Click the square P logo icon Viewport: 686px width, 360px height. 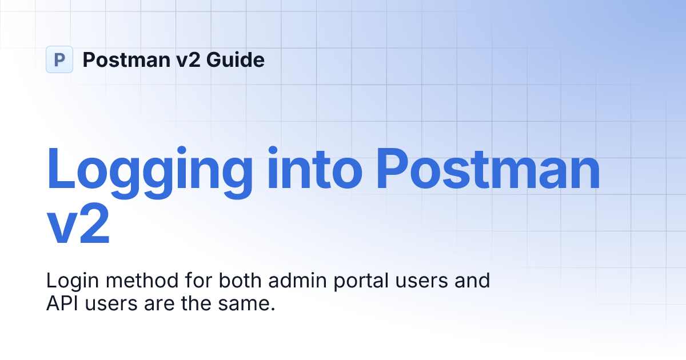click(59, 59)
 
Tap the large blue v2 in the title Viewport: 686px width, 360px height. click(77, 227)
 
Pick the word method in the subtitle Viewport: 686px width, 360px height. click(137, 281)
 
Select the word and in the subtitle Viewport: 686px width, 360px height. click(474, 281)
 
